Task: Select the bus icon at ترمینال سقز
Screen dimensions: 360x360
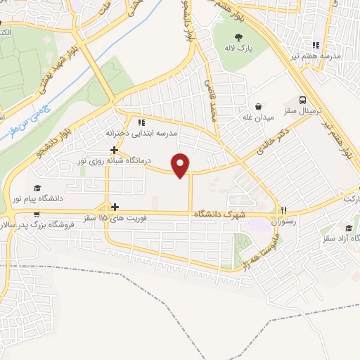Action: coord(302,100)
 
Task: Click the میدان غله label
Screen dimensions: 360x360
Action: coord(258,117)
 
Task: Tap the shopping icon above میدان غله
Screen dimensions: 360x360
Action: coord(258,106)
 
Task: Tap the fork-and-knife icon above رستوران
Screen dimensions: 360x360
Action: coord(284,210)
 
